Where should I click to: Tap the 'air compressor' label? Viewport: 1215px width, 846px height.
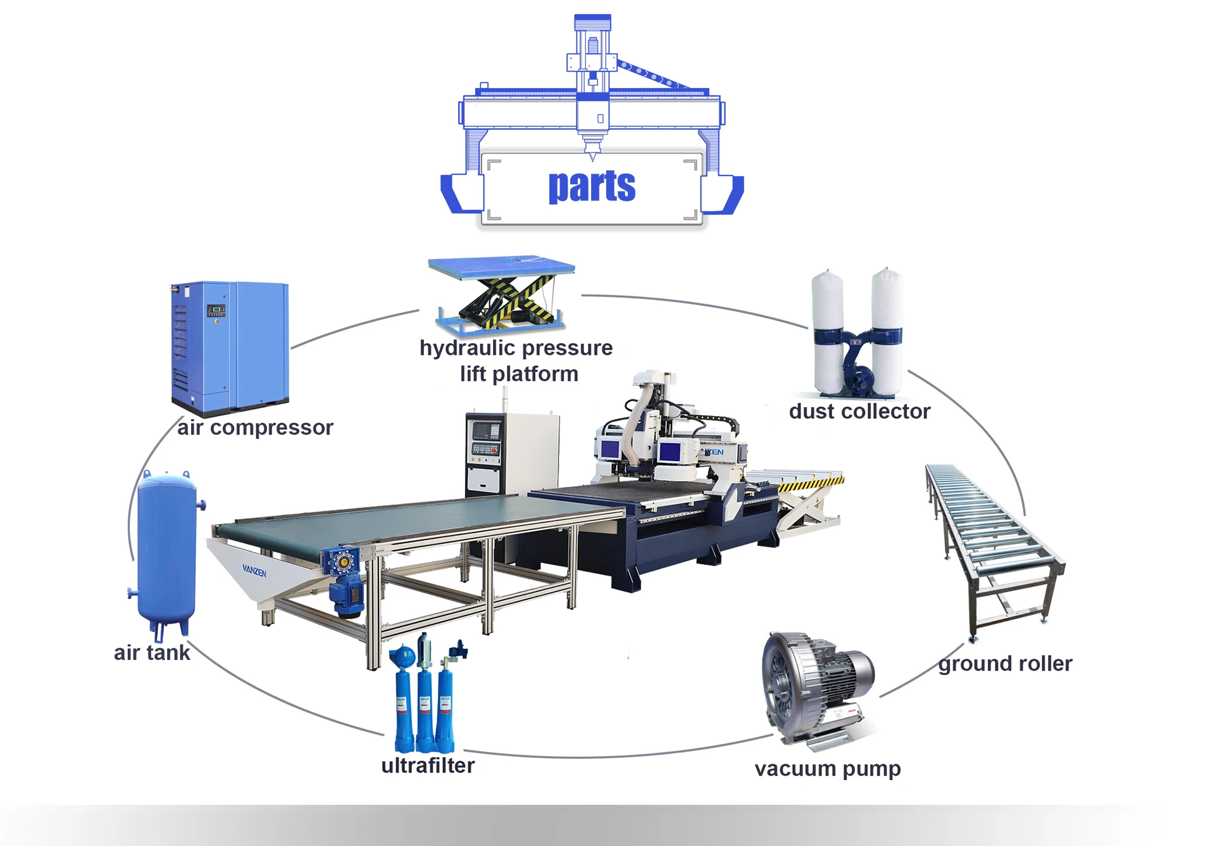point(255,428)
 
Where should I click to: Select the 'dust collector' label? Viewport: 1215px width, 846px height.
point(859,412)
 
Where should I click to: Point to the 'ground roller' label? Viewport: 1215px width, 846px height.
point(1005,664)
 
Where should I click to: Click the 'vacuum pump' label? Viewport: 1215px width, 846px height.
point(827,769)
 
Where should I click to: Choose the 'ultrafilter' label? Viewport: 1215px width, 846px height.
point(428,766)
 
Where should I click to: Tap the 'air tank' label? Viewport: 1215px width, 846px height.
point(152,653)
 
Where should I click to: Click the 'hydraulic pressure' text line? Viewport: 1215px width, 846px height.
point(516,348)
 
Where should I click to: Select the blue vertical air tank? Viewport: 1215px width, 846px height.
point(166,551)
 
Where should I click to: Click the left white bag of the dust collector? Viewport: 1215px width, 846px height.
point(828,329)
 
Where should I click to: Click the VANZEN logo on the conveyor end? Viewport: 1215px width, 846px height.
point(254,571)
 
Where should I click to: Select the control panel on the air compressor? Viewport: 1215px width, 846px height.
point(216,310)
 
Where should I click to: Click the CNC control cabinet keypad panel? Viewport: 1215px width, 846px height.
point(485,451)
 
